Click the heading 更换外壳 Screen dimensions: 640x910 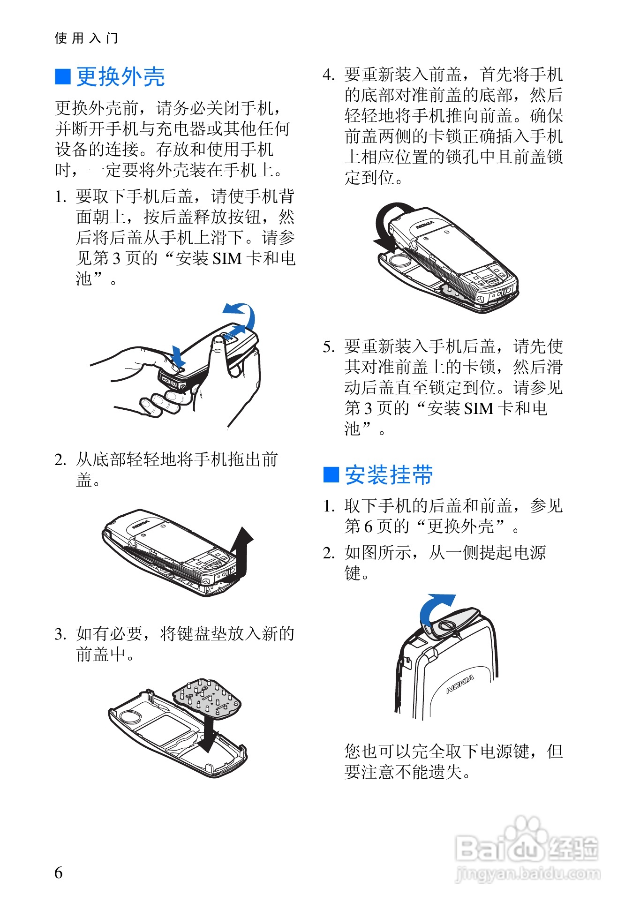[120, 76]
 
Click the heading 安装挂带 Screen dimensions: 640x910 [389, 475]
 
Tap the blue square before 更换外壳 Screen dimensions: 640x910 [63, 77]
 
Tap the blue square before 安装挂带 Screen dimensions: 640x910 [331, 474]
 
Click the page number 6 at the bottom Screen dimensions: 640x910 [59, 872]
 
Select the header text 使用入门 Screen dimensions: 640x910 [86, 38]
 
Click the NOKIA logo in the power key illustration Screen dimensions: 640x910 [460, 684]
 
